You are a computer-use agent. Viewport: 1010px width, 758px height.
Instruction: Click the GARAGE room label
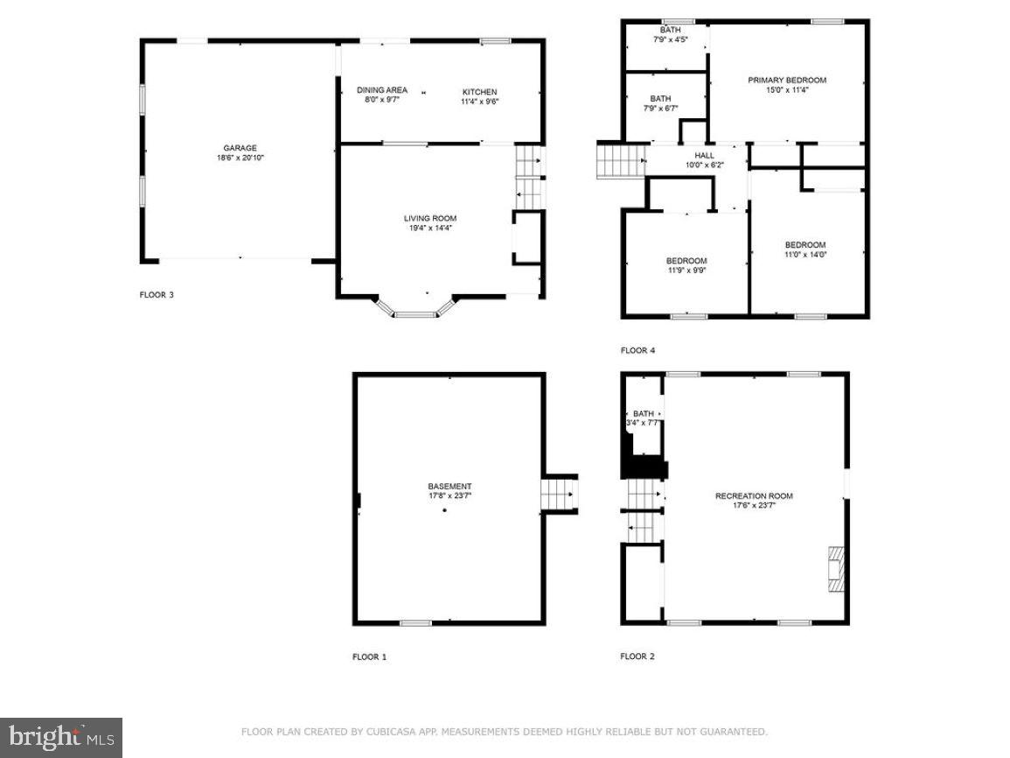[240, 148]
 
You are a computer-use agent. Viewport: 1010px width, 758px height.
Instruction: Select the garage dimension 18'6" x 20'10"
[240, 158]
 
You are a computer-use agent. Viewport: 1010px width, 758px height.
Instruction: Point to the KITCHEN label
[479, 92]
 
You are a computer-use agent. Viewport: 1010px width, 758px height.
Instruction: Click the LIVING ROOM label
[429, 218]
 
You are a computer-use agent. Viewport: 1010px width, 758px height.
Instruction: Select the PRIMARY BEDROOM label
[786, 80]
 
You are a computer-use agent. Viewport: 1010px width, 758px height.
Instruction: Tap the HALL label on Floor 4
[704, 155]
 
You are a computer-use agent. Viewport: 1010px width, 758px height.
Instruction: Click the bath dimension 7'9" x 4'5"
[671, 39]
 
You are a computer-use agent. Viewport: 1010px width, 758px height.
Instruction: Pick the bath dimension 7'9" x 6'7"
[660, 109]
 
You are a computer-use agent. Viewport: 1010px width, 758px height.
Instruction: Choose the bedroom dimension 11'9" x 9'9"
[686, 270]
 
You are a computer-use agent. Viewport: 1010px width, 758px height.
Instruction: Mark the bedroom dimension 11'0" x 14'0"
[805, 255]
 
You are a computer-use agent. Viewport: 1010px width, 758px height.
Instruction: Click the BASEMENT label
[449, 487]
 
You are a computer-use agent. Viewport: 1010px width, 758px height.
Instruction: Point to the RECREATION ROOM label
[754, 496]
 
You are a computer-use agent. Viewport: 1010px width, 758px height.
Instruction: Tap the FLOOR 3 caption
[157, 295]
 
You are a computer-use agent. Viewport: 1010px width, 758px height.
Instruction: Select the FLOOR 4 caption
[637, 351]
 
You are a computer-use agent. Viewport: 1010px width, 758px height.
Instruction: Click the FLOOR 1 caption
[369, 656]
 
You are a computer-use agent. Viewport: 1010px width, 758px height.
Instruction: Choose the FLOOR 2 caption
[637, 656]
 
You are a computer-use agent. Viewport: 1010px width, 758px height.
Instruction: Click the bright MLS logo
[61, 738]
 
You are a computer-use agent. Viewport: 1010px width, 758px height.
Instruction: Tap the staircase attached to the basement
[559, 495]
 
